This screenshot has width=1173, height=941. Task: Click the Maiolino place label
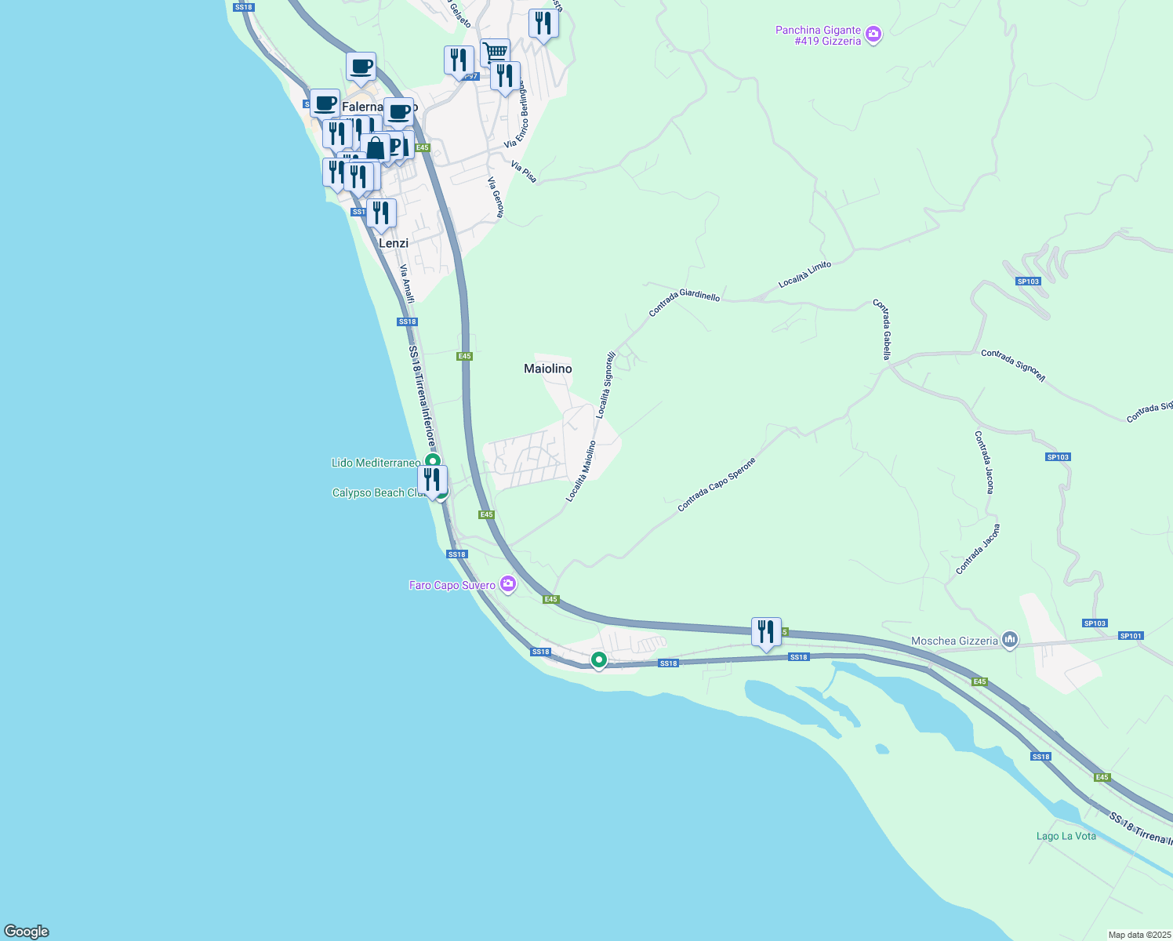coord(547,369)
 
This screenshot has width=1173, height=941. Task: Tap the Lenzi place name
coord(394,243)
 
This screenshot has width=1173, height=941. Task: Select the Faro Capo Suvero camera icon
coord(508,583)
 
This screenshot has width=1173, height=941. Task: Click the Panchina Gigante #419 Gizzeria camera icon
coord(873,35)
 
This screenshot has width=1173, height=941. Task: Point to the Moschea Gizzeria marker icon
coord(1010,641)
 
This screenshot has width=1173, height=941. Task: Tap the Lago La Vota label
coord(1066,836)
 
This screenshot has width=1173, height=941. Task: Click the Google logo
coord(27,932)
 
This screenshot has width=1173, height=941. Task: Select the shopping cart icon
coord(496,53)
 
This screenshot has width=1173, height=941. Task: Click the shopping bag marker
coord(376,147)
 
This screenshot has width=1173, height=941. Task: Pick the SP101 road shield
coord(1131,636)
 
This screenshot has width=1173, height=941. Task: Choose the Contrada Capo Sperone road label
coord(717,485)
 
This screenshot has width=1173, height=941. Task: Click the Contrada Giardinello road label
coord(684,303)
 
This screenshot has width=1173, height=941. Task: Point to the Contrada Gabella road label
coord(882,329)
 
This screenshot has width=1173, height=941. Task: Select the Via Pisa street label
coord(524,173)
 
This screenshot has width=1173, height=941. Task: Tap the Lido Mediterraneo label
coord(376,463)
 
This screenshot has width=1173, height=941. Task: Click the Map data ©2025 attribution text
coord(1139,935)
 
